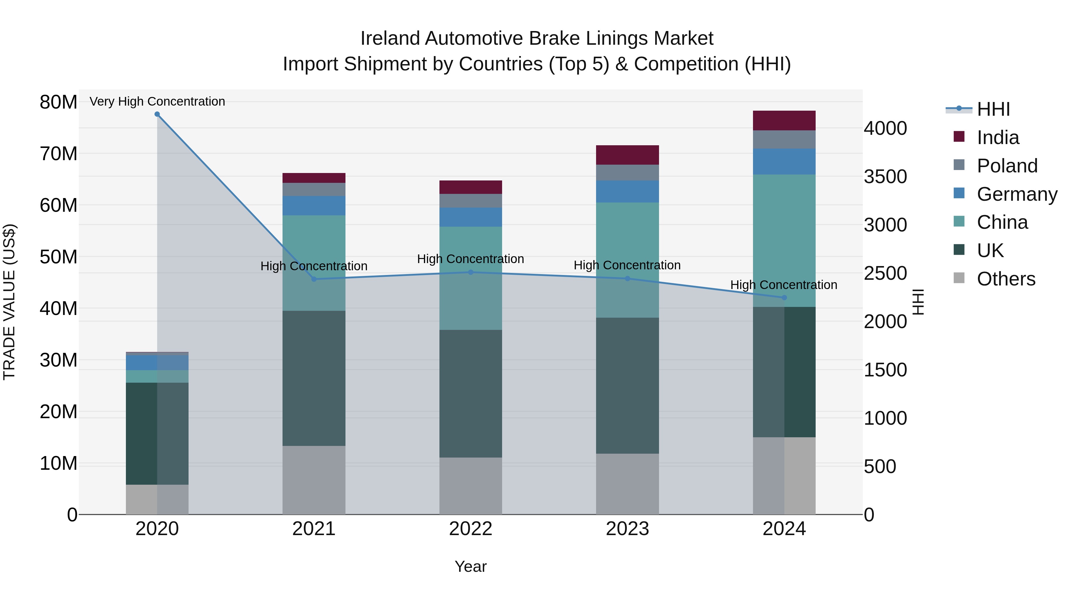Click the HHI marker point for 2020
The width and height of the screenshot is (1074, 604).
157,114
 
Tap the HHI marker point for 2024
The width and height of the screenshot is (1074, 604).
784,298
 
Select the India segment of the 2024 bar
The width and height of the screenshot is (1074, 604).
784,121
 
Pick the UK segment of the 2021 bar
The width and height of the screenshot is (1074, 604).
314,378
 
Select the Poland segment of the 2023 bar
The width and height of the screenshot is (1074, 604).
627,173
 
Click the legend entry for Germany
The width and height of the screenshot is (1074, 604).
1016,194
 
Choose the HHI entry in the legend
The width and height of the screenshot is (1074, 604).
993,109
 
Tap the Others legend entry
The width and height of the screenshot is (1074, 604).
1006,279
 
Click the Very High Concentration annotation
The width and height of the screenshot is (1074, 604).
157,101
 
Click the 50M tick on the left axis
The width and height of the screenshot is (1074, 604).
58,257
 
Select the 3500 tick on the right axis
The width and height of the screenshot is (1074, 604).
885,177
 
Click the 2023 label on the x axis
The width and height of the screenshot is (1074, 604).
627,529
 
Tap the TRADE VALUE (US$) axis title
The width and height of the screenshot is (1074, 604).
9,302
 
